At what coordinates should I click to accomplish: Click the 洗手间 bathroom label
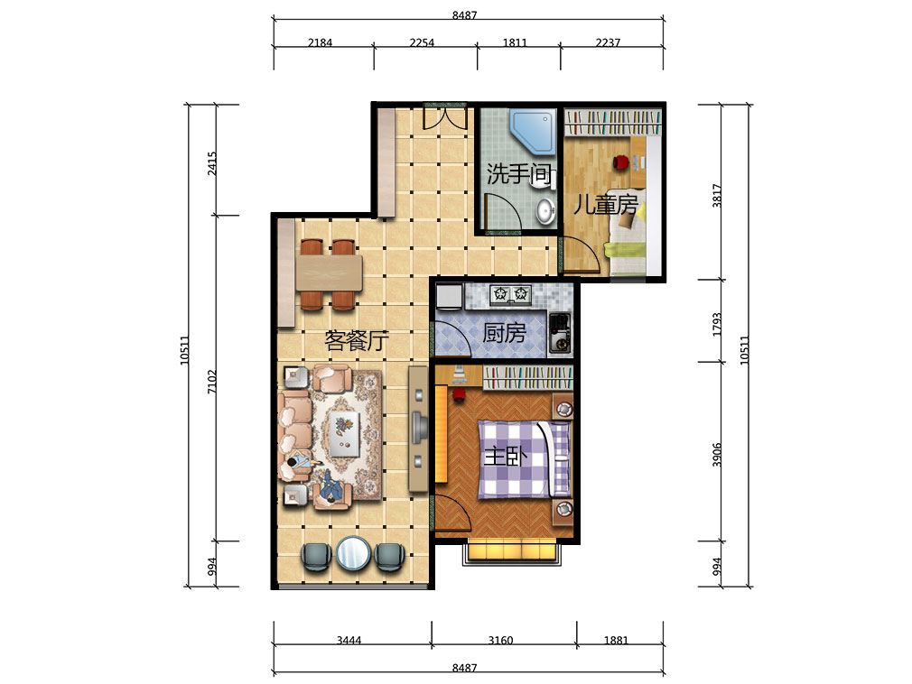click(518, 174)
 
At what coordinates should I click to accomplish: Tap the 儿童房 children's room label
click(606, 205)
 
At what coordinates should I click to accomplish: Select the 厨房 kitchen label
click(504, 333)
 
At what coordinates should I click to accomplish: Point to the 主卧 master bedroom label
click(506, 457)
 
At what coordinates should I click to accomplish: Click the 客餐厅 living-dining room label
click(357, 340)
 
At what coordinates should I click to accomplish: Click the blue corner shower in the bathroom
click(533, 132)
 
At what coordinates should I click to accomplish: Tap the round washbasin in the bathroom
click(545, 211)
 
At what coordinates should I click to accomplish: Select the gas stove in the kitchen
click(511, 295)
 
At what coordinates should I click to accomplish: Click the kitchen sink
click(560, 333)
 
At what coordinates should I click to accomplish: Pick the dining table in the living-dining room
click(329, 273)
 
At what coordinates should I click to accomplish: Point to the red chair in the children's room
click(621, 162)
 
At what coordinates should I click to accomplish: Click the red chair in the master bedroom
click(459, 395)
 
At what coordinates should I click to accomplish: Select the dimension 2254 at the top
click(422, 42)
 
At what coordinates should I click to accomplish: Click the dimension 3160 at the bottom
click(500, 640)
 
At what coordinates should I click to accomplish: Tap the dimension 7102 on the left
click(211, 382)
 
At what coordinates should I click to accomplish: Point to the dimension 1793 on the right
click(717, 324)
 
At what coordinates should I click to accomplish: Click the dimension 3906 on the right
click(717, 455)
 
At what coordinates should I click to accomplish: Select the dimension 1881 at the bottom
click(616, 640)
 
